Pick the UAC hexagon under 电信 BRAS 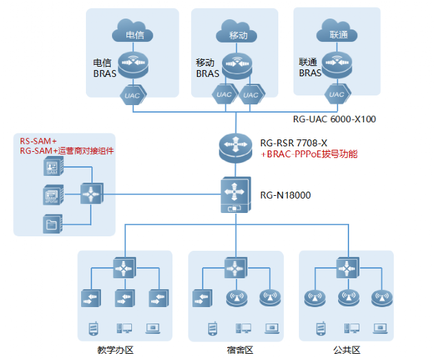pyautogui.click(x=133, y=95)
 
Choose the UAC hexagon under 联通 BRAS pyautogui.click(x=337, y=94)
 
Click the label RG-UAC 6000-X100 pyautogui.click(x=334, y=119)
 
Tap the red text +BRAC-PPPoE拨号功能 pyautogui.click(x=309, y=155)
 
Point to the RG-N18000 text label pyautogui.click(x=285, y=195)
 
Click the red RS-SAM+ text pyautogui.click(x=38, y=141)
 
